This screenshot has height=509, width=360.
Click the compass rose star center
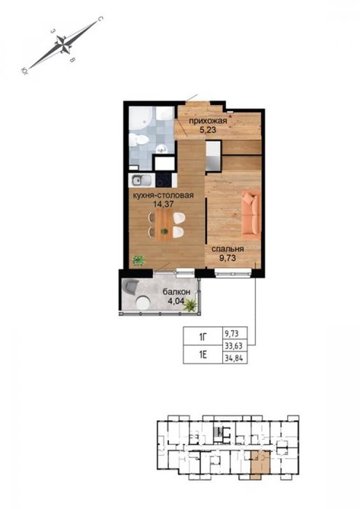pos(63,44)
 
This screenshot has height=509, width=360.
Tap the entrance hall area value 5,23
pos(208,130)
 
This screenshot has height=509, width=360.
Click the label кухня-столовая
pos(163,195)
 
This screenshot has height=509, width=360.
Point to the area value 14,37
pos(163,204)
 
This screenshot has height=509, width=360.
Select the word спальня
pos(227,249)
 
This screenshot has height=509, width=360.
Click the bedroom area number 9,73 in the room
pos(227,259)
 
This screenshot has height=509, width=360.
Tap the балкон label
pos(176,291)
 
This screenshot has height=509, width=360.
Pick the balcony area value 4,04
pos(176,301)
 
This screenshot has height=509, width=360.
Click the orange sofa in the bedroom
pos(251,213)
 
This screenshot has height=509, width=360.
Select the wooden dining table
pos(164,225)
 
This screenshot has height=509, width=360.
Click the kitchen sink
pos(141,180)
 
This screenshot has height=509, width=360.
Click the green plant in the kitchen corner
pos(138,260)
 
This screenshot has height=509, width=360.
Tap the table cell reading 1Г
pos(203,336)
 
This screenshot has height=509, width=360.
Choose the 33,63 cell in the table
pos(234,346)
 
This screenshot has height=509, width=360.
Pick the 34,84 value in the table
pos(234,358)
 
